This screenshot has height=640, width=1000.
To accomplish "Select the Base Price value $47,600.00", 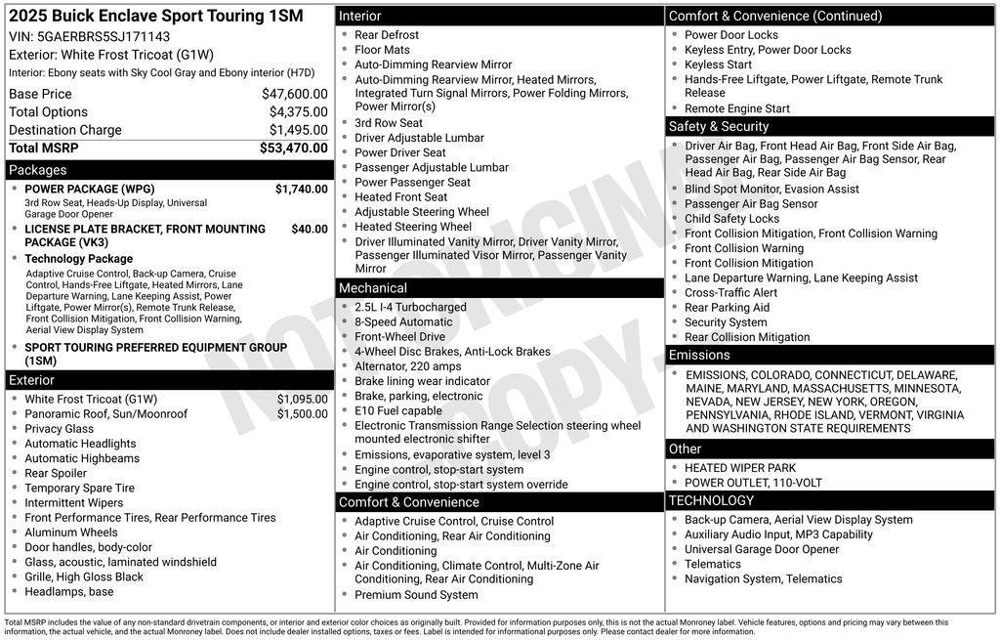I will [x=294, y=94].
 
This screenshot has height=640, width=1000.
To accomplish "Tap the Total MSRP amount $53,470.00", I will [x=293, y=148].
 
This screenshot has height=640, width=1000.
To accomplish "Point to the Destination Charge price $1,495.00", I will [x=298, y=130].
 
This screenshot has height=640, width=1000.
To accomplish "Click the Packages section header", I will [x=38, y=170].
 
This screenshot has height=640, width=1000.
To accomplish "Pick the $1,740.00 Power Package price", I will [x=301, y=189].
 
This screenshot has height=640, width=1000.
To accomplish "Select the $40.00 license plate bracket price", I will [x=310, y=229].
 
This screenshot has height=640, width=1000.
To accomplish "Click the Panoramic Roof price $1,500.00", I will [x=302, y=413].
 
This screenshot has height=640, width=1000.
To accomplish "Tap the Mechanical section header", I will [x=372, y=288].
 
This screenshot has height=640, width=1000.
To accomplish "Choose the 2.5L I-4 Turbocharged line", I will [x=410, y=307].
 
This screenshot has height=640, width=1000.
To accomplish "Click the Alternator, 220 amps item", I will [x=407, y=366].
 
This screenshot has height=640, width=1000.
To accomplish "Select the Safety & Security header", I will [x=718, y=126].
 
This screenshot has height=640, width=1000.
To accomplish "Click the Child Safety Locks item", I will [x=731, y=219].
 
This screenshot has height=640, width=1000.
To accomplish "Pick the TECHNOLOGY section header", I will [x=711, y=500].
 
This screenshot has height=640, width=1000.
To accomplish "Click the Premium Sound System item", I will [x=416, y=594].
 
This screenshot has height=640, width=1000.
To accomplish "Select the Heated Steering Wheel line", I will [x=412, y=227].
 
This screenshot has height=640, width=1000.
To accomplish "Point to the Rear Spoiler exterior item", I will [x=56, y=473].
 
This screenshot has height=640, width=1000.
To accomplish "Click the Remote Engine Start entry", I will [x=736, y=108].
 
